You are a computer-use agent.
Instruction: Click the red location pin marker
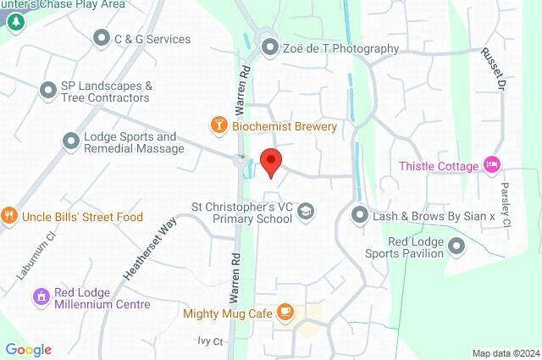[x=270, y=162]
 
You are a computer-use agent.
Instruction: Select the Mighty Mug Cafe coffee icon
[x=285, y=313]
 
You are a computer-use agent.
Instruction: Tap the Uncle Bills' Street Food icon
[x=9, y=216]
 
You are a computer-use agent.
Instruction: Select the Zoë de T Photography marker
[x=270, y=47]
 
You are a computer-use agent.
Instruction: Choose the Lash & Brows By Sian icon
[x=360, y=216]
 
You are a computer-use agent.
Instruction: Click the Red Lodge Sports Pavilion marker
[x=457, y=246]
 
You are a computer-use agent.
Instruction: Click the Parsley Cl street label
[x=505, y=205]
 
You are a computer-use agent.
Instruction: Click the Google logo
[x=28, y=349]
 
